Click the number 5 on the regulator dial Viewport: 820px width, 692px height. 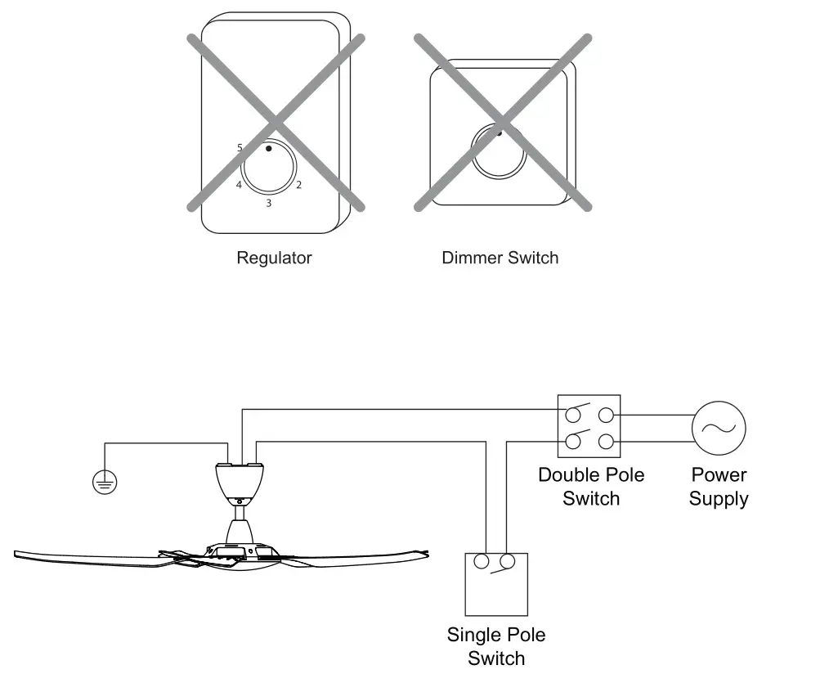(240, 148)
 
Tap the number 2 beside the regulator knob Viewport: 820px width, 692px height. (298, 185)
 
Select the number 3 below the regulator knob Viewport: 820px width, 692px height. (268, 202)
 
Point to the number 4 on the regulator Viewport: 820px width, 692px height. (239, 186)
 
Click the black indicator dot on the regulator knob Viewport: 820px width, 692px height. (268, 149)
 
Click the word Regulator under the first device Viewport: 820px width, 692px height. (274, 258)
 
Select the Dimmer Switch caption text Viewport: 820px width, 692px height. (500, 258)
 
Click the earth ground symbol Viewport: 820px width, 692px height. (105, 483)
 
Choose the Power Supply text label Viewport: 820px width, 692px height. (719, 487)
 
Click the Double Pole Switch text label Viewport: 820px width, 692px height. (590, 487)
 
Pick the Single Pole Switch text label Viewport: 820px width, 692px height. (496, 646)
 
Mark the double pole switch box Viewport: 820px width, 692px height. (589, 426)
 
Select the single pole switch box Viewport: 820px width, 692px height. (496, 584)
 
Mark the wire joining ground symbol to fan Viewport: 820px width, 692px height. (164, 443)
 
